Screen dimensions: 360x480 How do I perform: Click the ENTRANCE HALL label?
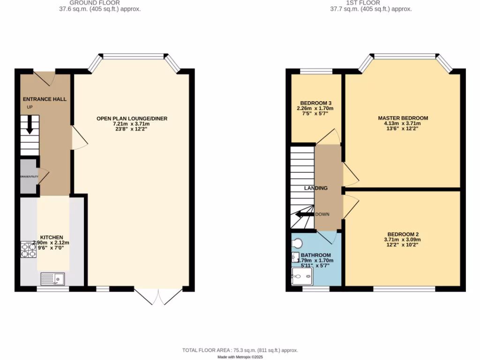[x=45, y=99]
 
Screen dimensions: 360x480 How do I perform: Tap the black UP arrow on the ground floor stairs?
[x=30, y=125]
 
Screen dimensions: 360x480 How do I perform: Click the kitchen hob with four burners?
[x=29, y=249]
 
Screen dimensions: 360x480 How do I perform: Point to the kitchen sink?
[x=52, y=279]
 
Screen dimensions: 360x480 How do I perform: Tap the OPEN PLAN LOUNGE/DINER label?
[x=132, y=119]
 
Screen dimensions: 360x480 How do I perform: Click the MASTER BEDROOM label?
[x=403, y=118]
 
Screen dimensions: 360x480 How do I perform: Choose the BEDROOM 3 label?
[x=316, y=103]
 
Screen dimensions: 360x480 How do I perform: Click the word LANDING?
[x=315, y=188]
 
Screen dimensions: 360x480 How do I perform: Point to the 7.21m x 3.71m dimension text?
[x=132, y=124]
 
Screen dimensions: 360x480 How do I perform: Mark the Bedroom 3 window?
[x=316, y=71]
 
